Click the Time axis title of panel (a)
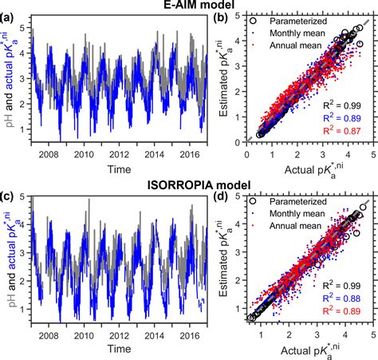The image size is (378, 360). pyautogui.click(x=116, y=169)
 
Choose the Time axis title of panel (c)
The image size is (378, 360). pyautogui.click(x=116, y=350)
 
